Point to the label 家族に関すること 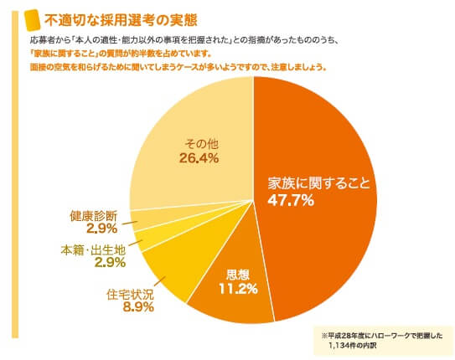(x=318, y=183)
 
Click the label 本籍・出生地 (x=93, y=249)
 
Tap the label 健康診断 (x=93, y=213)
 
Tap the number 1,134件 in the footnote (x=351, y=344)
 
